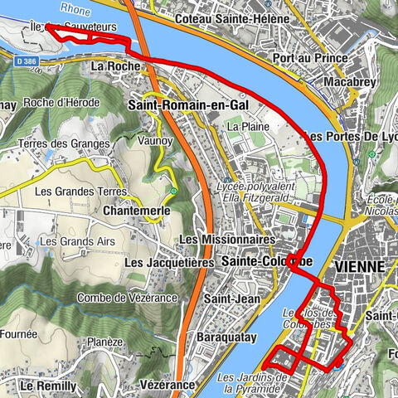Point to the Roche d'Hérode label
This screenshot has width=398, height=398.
coord(61,103)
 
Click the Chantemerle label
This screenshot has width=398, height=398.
coord(138,211)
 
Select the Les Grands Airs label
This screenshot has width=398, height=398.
coord(72,241)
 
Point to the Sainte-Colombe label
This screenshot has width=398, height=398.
coord(267,261)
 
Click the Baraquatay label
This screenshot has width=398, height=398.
coord(225,337)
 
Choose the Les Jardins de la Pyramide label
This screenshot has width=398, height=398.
coord(253,383)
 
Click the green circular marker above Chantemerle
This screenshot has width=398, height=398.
coord(173,192)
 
